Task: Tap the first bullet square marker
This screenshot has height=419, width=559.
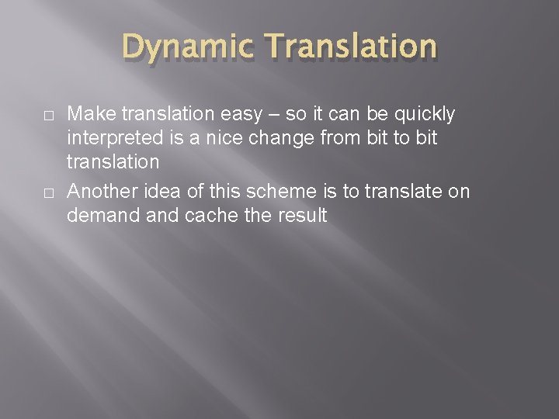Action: click(48, 115)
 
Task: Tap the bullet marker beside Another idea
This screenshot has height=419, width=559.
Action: click(48, 192)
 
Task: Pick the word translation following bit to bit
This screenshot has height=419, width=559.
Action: click(113, 162)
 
